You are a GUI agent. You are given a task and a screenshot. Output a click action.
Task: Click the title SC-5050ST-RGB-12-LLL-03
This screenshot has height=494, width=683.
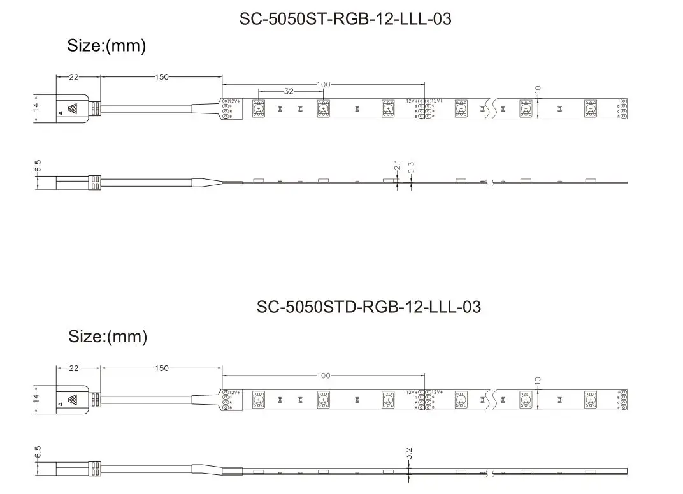(345, 19)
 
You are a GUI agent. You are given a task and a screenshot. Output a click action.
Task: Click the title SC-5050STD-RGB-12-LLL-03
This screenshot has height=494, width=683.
(368, 307)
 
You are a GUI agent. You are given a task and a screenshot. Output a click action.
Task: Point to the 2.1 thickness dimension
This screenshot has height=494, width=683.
(398, 165)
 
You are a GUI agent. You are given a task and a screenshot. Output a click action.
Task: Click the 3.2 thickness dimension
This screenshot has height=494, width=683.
(409, 453)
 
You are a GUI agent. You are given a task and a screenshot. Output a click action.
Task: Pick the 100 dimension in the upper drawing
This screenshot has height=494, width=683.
(324, 84)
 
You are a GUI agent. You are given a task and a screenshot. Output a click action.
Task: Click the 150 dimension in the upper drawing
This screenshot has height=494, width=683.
(162, 77)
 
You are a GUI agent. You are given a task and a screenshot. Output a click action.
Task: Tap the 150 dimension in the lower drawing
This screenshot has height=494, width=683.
(162, 368)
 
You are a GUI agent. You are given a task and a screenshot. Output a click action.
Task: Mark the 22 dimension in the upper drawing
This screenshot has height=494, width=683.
(74, 77)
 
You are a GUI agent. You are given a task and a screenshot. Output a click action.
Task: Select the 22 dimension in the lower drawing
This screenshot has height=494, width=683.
(74, 368)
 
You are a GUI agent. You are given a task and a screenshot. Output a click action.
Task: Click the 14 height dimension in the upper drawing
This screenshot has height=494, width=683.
(36, 108)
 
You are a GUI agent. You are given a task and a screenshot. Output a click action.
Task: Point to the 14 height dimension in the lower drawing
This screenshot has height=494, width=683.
(36, 399)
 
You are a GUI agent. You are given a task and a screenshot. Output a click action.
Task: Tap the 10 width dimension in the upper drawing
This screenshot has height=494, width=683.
(538, 91)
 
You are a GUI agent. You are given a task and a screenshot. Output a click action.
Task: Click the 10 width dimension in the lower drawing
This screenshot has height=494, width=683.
(538, 382)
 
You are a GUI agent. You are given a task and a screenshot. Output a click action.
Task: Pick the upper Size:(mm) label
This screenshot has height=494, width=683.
(106, 46)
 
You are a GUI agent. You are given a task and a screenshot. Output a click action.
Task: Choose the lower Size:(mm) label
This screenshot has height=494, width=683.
(108, 337)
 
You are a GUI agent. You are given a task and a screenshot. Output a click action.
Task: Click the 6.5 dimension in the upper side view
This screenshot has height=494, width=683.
(38, 166)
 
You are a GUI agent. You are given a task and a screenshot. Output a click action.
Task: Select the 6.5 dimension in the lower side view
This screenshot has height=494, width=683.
(38, 453)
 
